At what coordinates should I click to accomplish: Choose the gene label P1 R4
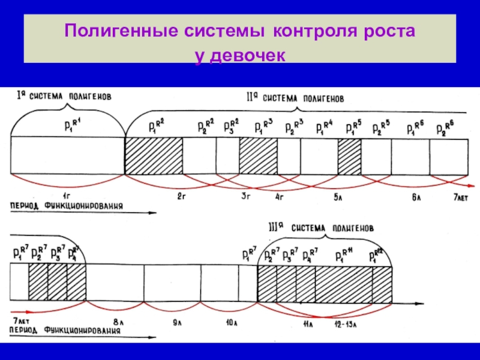(x=323, y=127)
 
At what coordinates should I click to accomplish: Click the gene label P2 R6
(x=445, y=128)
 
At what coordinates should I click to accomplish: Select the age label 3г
(x=245, y=196)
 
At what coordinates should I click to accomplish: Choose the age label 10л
(x=230, y=323)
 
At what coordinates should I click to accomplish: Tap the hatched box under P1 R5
(x=349, y=156)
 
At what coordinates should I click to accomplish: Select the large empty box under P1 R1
(x=67, y=156)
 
